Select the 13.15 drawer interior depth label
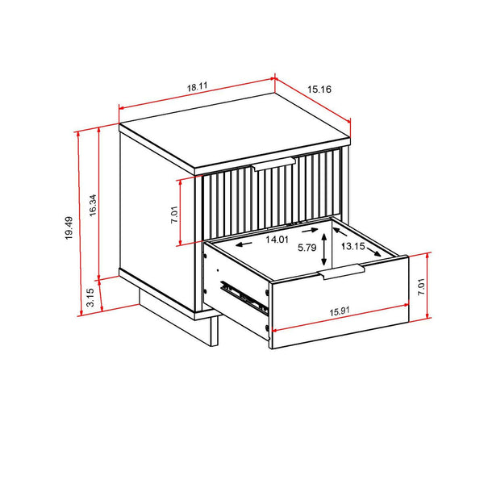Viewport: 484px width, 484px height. [x=359, y=247]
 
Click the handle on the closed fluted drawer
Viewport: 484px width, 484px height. [x=274, y=165]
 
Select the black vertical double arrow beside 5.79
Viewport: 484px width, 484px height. [x=324, y=247]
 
